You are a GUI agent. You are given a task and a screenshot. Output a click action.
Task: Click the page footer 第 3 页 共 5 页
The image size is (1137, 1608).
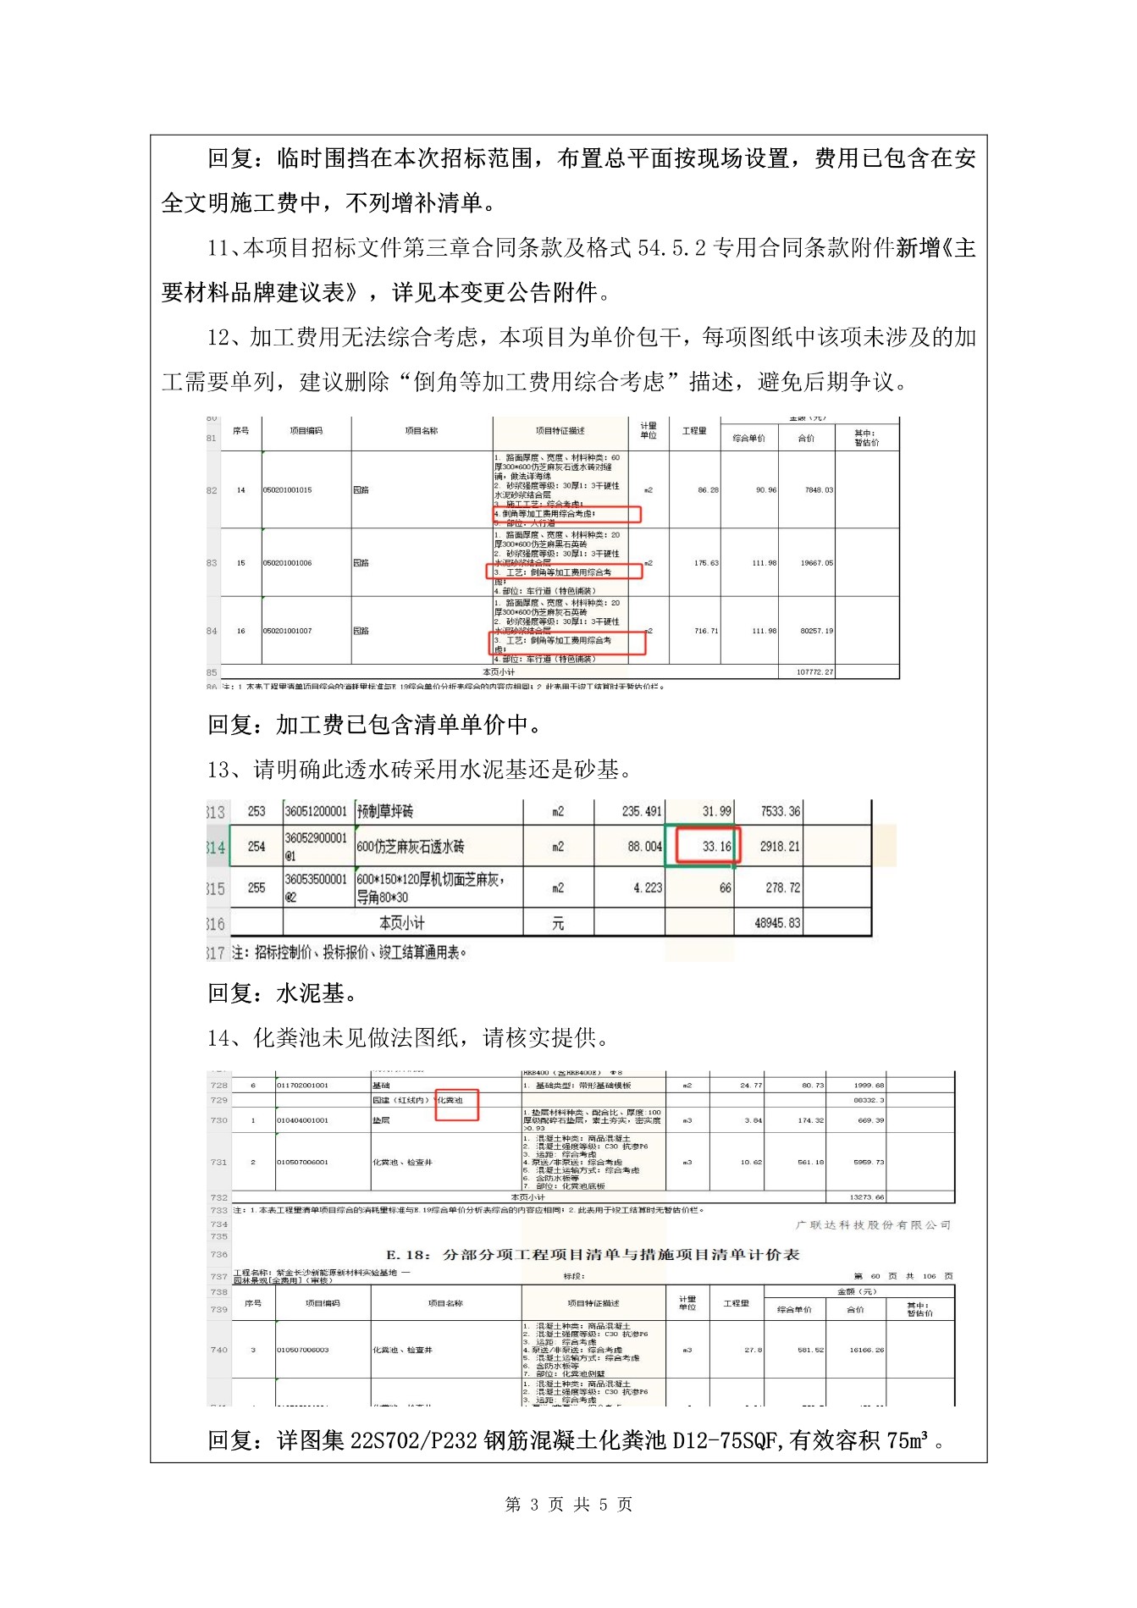pos(568,1504)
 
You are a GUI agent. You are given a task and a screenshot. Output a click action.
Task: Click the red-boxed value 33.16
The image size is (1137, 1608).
pos(716,846)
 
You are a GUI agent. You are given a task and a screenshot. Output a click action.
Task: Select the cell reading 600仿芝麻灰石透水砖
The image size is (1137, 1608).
pos(411,846)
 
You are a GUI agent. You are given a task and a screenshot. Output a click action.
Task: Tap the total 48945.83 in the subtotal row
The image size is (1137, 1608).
pos(777,923)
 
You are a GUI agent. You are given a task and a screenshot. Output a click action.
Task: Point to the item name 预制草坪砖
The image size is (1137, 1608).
pos(386,811)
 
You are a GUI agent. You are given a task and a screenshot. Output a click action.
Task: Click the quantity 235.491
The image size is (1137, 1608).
pos(641,811)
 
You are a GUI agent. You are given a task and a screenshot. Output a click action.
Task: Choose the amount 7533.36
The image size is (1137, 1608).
pos(780,811)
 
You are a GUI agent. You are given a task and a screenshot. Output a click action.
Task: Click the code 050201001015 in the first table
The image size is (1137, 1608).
pos(287,490)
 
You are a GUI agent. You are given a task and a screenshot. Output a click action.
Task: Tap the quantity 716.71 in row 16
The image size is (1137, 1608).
pos(706,631)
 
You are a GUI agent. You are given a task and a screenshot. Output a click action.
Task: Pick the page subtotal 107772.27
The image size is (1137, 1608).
pos(815,672)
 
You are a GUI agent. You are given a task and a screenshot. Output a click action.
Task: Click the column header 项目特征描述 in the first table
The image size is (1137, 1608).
pos(560,431)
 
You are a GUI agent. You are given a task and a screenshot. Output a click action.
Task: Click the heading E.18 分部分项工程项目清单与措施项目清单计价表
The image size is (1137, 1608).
pos(593,1254)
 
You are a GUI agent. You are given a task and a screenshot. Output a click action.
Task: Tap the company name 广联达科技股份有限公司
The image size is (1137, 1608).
pos(873,1224)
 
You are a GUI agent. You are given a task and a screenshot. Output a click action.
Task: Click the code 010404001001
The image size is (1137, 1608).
pos(302,1120)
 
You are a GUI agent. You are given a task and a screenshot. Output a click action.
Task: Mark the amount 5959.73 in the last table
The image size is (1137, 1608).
pos(869,1162)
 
